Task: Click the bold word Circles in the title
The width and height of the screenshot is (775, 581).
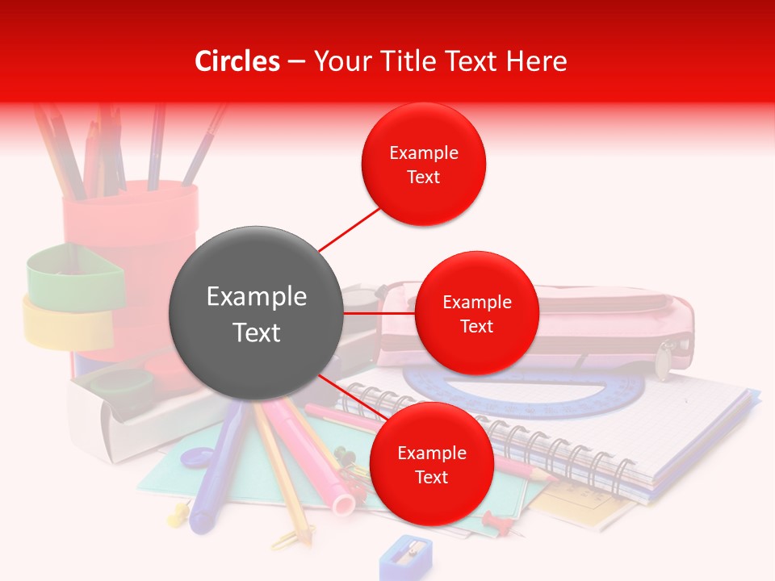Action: pyautogui.click(x=237, y=61)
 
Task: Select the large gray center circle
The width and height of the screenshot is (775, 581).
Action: pyautogui.click(x=257, y=313)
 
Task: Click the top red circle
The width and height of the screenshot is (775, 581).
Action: pyautogui.click(x=423, y=165)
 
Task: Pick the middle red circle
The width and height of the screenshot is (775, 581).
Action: pyautogui.click(x=476, y=313)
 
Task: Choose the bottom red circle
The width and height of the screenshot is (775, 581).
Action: pyautogui.click(x=431, y=464)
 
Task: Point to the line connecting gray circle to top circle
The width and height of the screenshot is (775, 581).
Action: pyautogui.click(x=349, y=229)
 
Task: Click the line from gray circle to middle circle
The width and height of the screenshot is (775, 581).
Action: pyautogui.click(x=379, y=312)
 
